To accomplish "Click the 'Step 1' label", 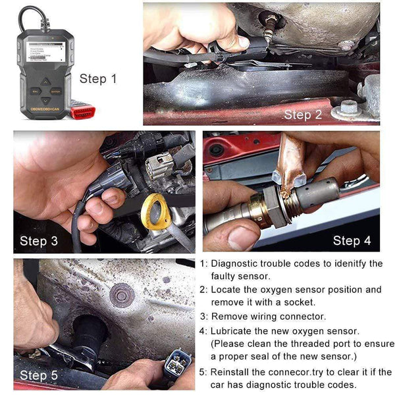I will [98, 79].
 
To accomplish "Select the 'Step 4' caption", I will [352, 240].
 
